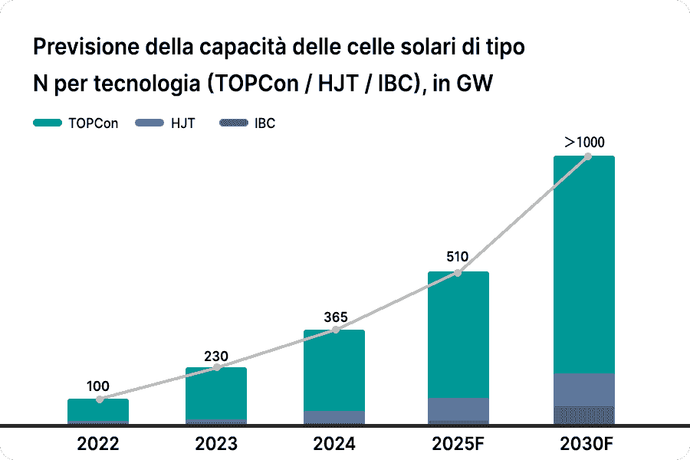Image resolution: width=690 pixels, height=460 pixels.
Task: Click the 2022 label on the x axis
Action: pos(98,444)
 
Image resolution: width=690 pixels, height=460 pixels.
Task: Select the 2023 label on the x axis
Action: pos(216,444)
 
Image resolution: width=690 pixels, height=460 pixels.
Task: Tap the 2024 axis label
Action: pos(334,444)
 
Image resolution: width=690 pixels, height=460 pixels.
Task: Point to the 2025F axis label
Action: pos(458,444)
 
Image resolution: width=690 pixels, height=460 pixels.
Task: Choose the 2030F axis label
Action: pos(583,444)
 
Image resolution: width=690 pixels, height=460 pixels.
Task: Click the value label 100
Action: pos(98,386)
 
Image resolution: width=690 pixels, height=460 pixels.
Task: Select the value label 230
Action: pos(216,356)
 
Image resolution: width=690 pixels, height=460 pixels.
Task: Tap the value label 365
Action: pos(335,317)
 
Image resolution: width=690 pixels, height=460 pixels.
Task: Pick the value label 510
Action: pos(458,258)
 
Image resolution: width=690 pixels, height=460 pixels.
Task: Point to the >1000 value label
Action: pos(584,142)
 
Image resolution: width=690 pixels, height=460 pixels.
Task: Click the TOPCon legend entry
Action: pos(77,123)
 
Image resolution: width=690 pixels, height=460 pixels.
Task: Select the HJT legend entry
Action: pos(165,123)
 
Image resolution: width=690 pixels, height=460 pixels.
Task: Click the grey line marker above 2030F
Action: pos(588,156)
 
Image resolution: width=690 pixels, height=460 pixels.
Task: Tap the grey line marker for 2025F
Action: pos(458,273)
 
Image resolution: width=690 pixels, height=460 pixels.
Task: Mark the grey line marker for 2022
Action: pos(100,399)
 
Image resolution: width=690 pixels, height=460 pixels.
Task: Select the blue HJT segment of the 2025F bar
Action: pos(458,409)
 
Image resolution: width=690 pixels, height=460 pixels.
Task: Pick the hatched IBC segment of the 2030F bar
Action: pos(584,414)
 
